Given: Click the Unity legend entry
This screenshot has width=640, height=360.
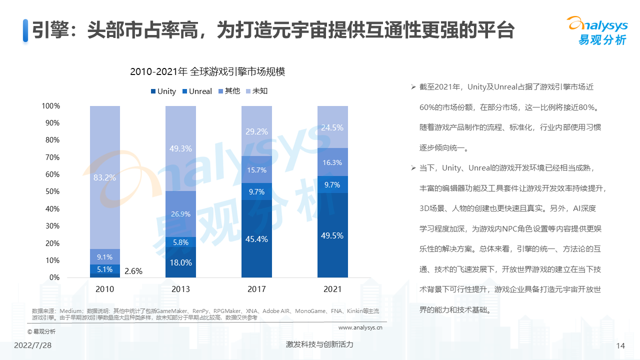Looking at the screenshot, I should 163,91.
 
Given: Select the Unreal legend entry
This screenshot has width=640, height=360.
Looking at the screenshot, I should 197,91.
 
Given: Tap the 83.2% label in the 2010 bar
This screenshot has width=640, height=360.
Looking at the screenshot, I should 104,177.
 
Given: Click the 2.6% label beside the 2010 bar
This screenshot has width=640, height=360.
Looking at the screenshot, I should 133,271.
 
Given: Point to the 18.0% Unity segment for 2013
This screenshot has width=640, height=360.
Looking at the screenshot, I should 180,262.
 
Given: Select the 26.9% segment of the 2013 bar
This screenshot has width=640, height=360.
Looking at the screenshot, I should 180,214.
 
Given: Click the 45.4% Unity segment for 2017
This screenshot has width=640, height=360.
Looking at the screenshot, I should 256,239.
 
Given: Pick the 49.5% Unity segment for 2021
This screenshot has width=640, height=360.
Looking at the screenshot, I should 332,235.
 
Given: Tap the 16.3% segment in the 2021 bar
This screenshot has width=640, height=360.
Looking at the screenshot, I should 332,162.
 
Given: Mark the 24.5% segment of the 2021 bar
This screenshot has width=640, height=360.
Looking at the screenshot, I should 332,127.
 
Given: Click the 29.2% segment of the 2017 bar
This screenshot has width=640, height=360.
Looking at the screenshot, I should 256,131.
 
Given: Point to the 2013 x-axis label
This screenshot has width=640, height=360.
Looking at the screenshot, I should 180,289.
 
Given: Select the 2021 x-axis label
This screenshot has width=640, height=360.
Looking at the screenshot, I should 332,289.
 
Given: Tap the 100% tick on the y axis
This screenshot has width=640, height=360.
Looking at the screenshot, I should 50,106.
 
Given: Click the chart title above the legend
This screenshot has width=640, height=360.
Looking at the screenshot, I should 207,71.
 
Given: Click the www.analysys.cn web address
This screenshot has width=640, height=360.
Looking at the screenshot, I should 360,328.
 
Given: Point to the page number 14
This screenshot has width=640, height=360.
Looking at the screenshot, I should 621,346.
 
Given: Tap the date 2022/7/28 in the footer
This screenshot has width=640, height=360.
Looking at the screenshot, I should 33,346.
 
